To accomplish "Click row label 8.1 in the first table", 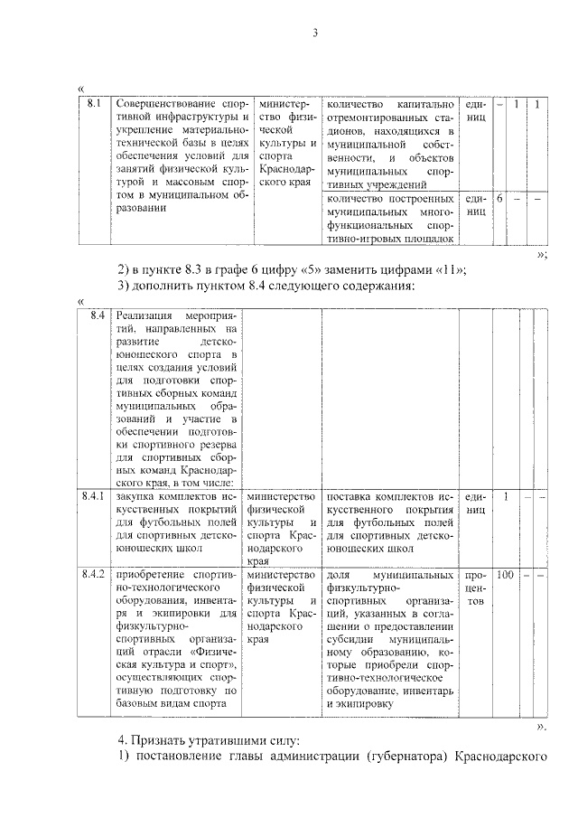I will tap(93, 104).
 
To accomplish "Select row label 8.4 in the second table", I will tap(98, 316).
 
